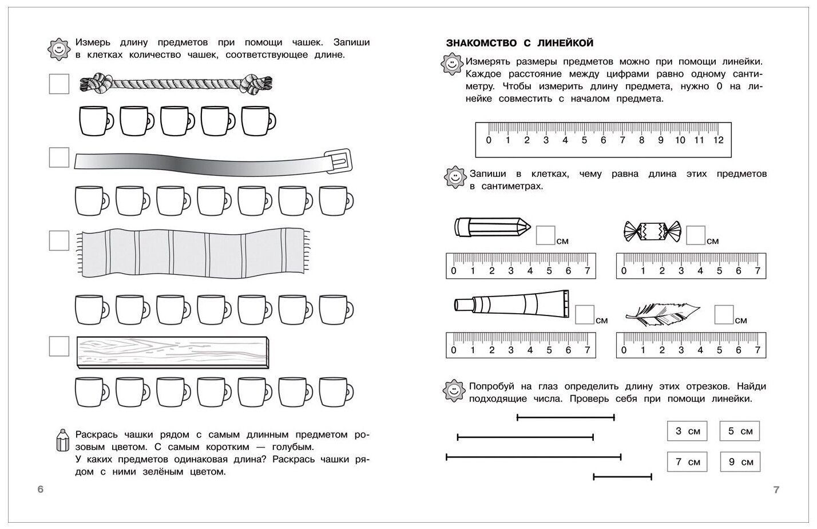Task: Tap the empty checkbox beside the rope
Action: [59, 84]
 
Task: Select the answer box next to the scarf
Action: [59, 240]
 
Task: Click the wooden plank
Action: [172, 353]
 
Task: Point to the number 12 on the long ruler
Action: [718, 140]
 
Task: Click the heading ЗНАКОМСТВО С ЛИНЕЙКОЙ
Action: [519, 43]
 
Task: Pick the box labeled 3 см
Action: [687, 431]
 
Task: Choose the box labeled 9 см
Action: [740, 461]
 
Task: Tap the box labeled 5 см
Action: [739, 431]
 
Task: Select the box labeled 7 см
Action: [687, 461]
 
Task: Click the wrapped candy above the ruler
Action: [651, 232]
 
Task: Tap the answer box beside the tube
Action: [585, 314]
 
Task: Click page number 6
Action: [40, 489]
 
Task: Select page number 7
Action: [776, 489]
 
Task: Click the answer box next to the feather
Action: [724, 314]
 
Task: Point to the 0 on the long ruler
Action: [488, 140]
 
